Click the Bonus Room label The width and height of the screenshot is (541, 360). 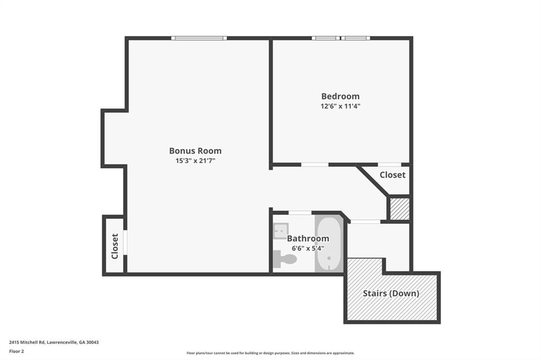(195, 150)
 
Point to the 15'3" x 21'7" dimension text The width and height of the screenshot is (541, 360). (195, 160)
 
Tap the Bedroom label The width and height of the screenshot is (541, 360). (340, 96)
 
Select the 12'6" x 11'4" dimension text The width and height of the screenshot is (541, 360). (340, 106)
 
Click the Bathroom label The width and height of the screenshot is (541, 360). (308, 238)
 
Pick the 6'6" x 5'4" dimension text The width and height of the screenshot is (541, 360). (308, 248)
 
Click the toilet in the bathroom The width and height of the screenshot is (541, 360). (285, 259)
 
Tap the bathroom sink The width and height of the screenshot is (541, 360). (281, 231)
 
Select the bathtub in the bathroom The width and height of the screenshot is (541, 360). (329, 244)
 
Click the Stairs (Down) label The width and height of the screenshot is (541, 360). (391, 293)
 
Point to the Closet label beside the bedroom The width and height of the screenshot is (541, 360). (393, 175)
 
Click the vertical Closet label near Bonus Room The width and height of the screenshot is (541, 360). (115, 246)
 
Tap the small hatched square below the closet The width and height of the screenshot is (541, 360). (399, 209)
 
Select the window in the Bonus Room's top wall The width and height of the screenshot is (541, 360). (199, 39)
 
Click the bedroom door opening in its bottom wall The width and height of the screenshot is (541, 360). (315, 165)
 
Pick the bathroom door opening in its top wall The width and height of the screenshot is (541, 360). (300, 213)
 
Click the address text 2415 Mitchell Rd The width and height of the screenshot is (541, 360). (27, 343)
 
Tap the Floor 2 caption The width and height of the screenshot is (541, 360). (16, 352)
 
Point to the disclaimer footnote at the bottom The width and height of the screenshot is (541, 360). (270, 353)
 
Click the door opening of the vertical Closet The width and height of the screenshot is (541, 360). (125, 243)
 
